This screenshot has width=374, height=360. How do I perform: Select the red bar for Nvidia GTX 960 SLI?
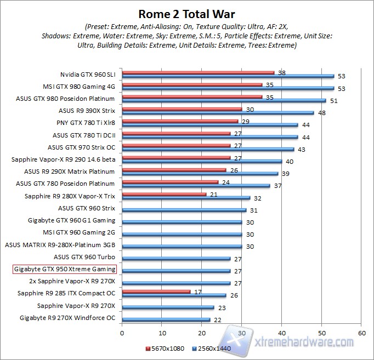click(198, 72)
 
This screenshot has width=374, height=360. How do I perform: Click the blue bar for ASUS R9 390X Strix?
click(218, 113)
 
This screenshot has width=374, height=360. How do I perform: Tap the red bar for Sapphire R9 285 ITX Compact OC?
click(156, 291)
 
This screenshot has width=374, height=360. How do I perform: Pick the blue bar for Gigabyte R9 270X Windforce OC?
click(166, 319)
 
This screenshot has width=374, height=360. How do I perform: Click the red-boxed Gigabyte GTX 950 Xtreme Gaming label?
click(65, 269)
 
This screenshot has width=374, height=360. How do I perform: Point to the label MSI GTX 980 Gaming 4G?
click(79, 87)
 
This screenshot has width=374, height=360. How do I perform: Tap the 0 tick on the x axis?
click(122, 333)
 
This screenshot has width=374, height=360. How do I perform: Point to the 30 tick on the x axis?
click(242, 333)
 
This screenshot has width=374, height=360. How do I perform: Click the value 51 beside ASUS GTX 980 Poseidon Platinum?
click(334, 101)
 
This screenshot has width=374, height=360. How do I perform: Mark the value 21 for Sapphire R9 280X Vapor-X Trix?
click(214, 193)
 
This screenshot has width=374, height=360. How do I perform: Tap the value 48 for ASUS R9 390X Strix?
click(322, 113)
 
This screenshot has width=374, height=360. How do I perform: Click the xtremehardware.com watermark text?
click(304, 342)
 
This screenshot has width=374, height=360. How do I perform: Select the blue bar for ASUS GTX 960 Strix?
click(184, 210)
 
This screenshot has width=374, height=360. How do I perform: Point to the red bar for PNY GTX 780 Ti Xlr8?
click(180, 121)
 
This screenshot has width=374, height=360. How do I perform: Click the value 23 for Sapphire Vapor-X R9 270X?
click(222, 307)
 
